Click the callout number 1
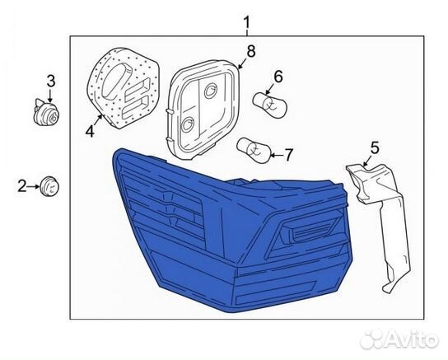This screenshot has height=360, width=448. click(x=246, y=22)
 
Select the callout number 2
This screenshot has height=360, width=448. click(x=21, y=186)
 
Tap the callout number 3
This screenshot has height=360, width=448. click(x=50, y=81)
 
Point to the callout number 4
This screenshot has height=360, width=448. click(x=91, y=132)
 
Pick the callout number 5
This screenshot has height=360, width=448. click(x=375, y=148)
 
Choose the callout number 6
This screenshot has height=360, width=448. click(x=278, y=77)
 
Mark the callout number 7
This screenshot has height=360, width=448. click(x=288, y=155)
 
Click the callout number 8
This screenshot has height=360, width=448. click(x=250, y=51)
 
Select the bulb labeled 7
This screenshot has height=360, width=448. click(x=254, y=149)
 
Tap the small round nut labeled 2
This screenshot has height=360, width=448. click(x=49, y=186)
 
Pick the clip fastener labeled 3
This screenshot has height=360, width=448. click(x=46, y=112)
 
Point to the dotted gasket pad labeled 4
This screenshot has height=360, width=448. click(x=122, y=87)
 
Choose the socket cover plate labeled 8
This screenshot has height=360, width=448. click(x=202, y=109)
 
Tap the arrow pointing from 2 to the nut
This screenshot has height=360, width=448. click(x=34, y=186)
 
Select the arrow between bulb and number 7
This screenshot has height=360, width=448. click(x=277, y=156)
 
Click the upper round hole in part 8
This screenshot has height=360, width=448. click(x=211, y=90)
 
